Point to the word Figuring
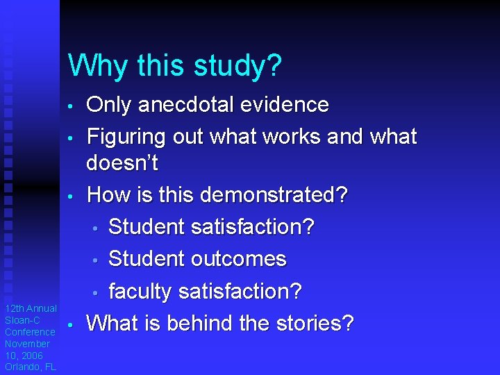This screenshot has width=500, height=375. tap(126, 137)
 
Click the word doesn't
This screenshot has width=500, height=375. tap(122, 164)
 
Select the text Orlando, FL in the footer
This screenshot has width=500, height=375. tap(31, 367)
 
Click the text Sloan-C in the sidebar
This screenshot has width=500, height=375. tap(22, 320)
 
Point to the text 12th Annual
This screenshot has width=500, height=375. tap(31, 308)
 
